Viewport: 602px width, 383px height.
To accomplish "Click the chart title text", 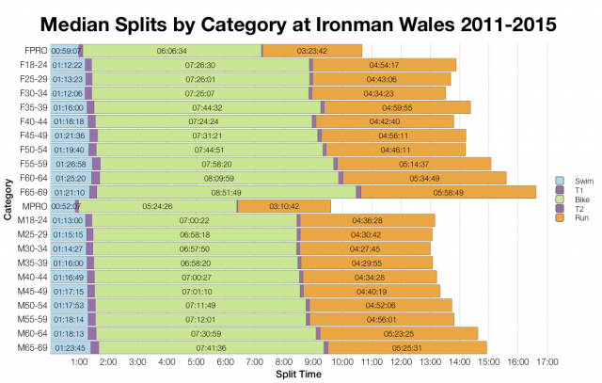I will click(x=301, y=20).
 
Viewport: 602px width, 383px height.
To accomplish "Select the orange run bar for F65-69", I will click(x=448, y=192).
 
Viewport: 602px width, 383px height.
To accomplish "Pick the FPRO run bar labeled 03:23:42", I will click(x=311, y=50).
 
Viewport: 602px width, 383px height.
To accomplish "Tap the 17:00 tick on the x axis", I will click(x=547, y=361).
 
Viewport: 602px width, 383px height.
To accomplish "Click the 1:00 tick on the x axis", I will click(x=79, y=361).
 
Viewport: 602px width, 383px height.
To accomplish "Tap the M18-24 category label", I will click(x=35, y=220).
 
